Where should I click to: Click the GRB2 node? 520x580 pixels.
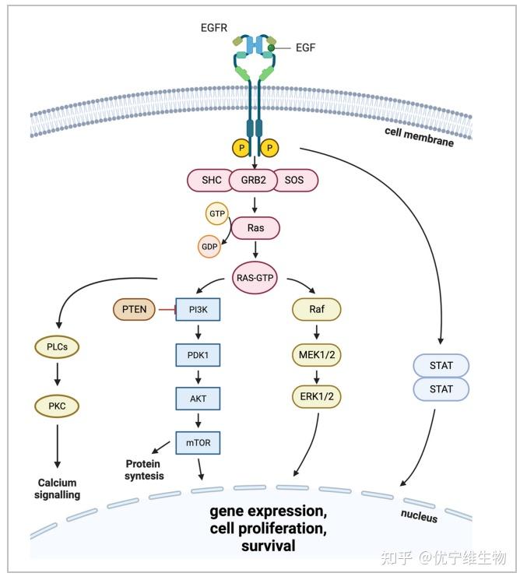coord(253,180)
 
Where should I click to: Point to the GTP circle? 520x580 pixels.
coord(217,213)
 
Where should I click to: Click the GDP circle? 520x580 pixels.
coord(209,246)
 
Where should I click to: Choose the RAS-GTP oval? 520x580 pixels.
coord(255,278)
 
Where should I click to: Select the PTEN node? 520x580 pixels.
coord(134,309)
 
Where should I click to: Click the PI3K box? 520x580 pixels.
coord(198,309)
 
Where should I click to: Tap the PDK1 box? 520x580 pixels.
coord(198,355)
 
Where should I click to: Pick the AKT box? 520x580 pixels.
coord(198,399)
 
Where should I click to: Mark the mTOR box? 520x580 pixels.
coord(198,443)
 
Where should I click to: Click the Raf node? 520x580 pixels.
coord(317,309)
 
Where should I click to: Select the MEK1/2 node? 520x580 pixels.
coord(317,355)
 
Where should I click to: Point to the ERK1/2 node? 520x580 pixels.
coord(317,396)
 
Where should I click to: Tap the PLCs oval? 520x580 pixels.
coord(57,347)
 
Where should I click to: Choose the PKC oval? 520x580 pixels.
coord(57,406)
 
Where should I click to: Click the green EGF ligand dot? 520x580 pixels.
coord(271,47)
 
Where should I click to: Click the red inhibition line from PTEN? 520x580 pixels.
coord(166,309)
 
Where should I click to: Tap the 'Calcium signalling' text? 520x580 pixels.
coord(58,489)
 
